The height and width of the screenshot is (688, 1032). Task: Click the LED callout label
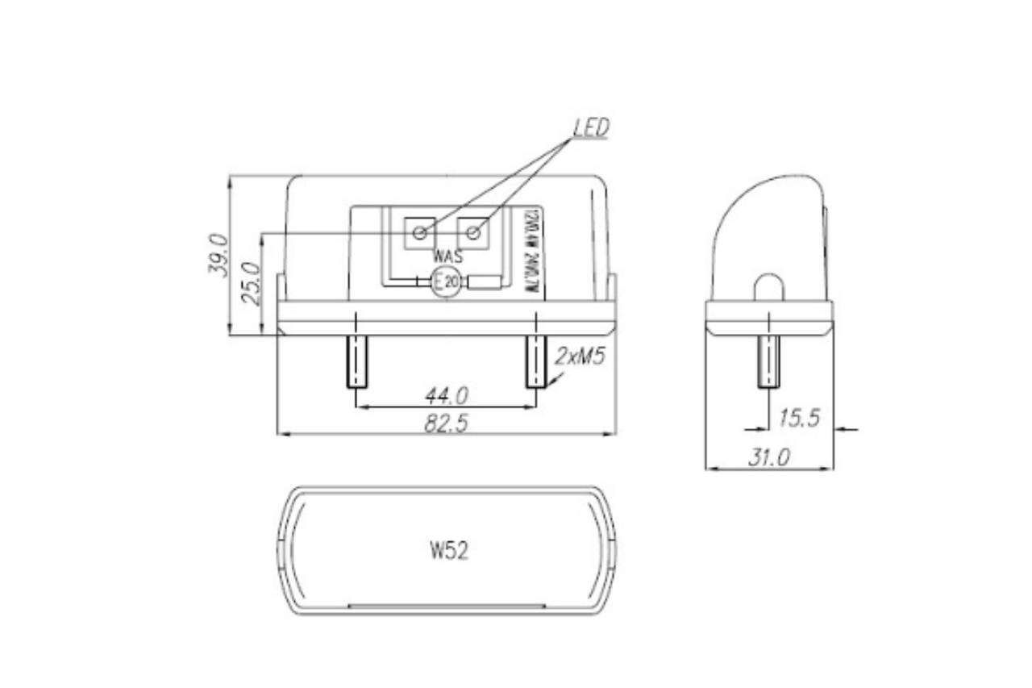coord(592,127)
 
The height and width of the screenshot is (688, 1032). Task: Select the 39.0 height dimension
coord(218,255)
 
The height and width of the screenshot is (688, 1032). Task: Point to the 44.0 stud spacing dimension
coord(446,395)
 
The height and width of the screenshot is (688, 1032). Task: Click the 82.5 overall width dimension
coord(446,423)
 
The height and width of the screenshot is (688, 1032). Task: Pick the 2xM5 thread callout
coord(580,357)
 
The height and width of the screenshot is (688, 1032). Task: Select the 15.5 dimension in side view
coord(799,418)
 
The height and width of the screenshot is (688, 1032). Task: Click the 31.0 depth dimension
coord(768,458)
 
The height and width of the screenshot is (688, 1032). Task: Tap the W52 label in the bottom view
coord(449,551)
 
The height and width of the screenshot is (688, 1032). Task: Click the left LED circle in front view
coord(419,233)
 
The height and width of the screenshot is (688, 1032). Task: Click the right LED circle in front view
coord(474,233)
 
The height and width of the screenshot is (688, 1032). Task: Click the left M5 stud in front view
coord(357,361)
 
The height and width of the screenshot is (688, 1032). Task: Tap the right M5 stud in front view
coord(536,361)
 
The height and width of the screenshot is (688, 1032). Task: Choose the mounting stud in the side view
coord(769,361)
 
